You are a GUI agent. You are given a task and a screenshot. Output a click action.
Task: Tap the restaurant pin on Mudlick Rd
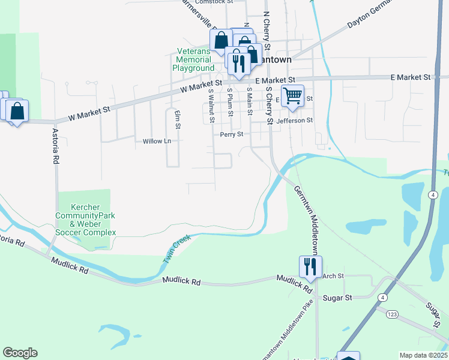310,267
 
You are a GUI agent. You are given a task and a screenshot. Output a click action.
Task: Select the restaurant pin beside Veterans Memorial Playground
239,63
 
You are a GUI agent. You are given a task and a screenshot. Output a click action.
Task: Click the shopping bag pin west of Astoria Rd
18,110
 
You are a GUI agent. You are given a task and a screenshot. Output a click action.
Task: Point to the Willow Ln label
157,142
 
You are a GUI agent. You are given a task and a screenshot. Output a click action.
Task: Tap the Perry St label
231,135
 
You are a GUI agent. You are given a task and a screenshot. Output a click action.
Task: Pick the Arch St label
333,276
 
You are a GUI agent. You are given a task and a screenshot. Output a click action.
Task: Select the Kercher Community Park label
85,215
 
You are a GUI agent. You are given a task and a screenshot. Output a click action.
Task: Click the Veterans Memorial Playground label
193,60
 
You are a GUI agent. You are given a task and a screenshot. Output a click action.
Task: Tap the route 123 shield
392,314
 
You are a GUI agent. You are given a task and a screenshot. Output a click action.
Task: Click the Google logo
20,353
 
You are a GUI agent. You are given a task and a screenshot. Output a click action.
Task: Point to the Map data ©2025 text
423,355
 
